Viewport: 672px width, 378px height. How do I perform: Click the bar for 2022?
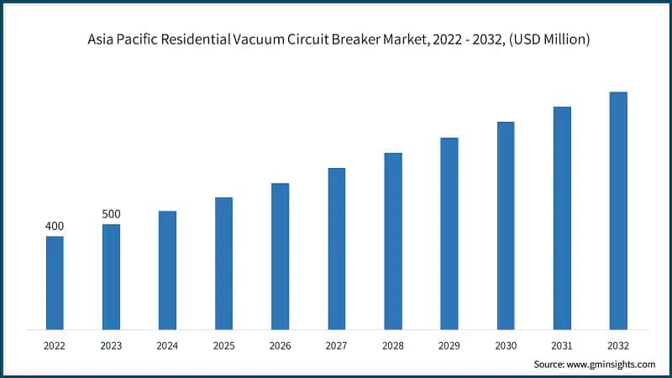55,282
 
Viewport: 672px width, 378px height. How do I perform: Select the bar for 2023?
111,276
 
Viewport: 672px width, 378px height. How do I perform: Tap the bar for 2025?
223,263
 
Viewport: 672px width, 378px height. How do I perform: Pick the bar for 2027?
336,248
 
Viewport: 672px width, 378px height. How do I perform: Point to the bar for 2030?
506,225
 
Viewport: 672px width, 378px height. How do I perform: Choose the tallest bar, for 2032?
618,210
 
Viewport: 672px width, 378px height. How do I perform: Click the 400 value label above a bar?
55,226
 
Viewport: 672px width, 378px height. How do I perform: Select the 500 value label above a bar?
111,214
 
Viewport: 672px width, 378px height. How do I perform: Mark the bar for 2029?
449,233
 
